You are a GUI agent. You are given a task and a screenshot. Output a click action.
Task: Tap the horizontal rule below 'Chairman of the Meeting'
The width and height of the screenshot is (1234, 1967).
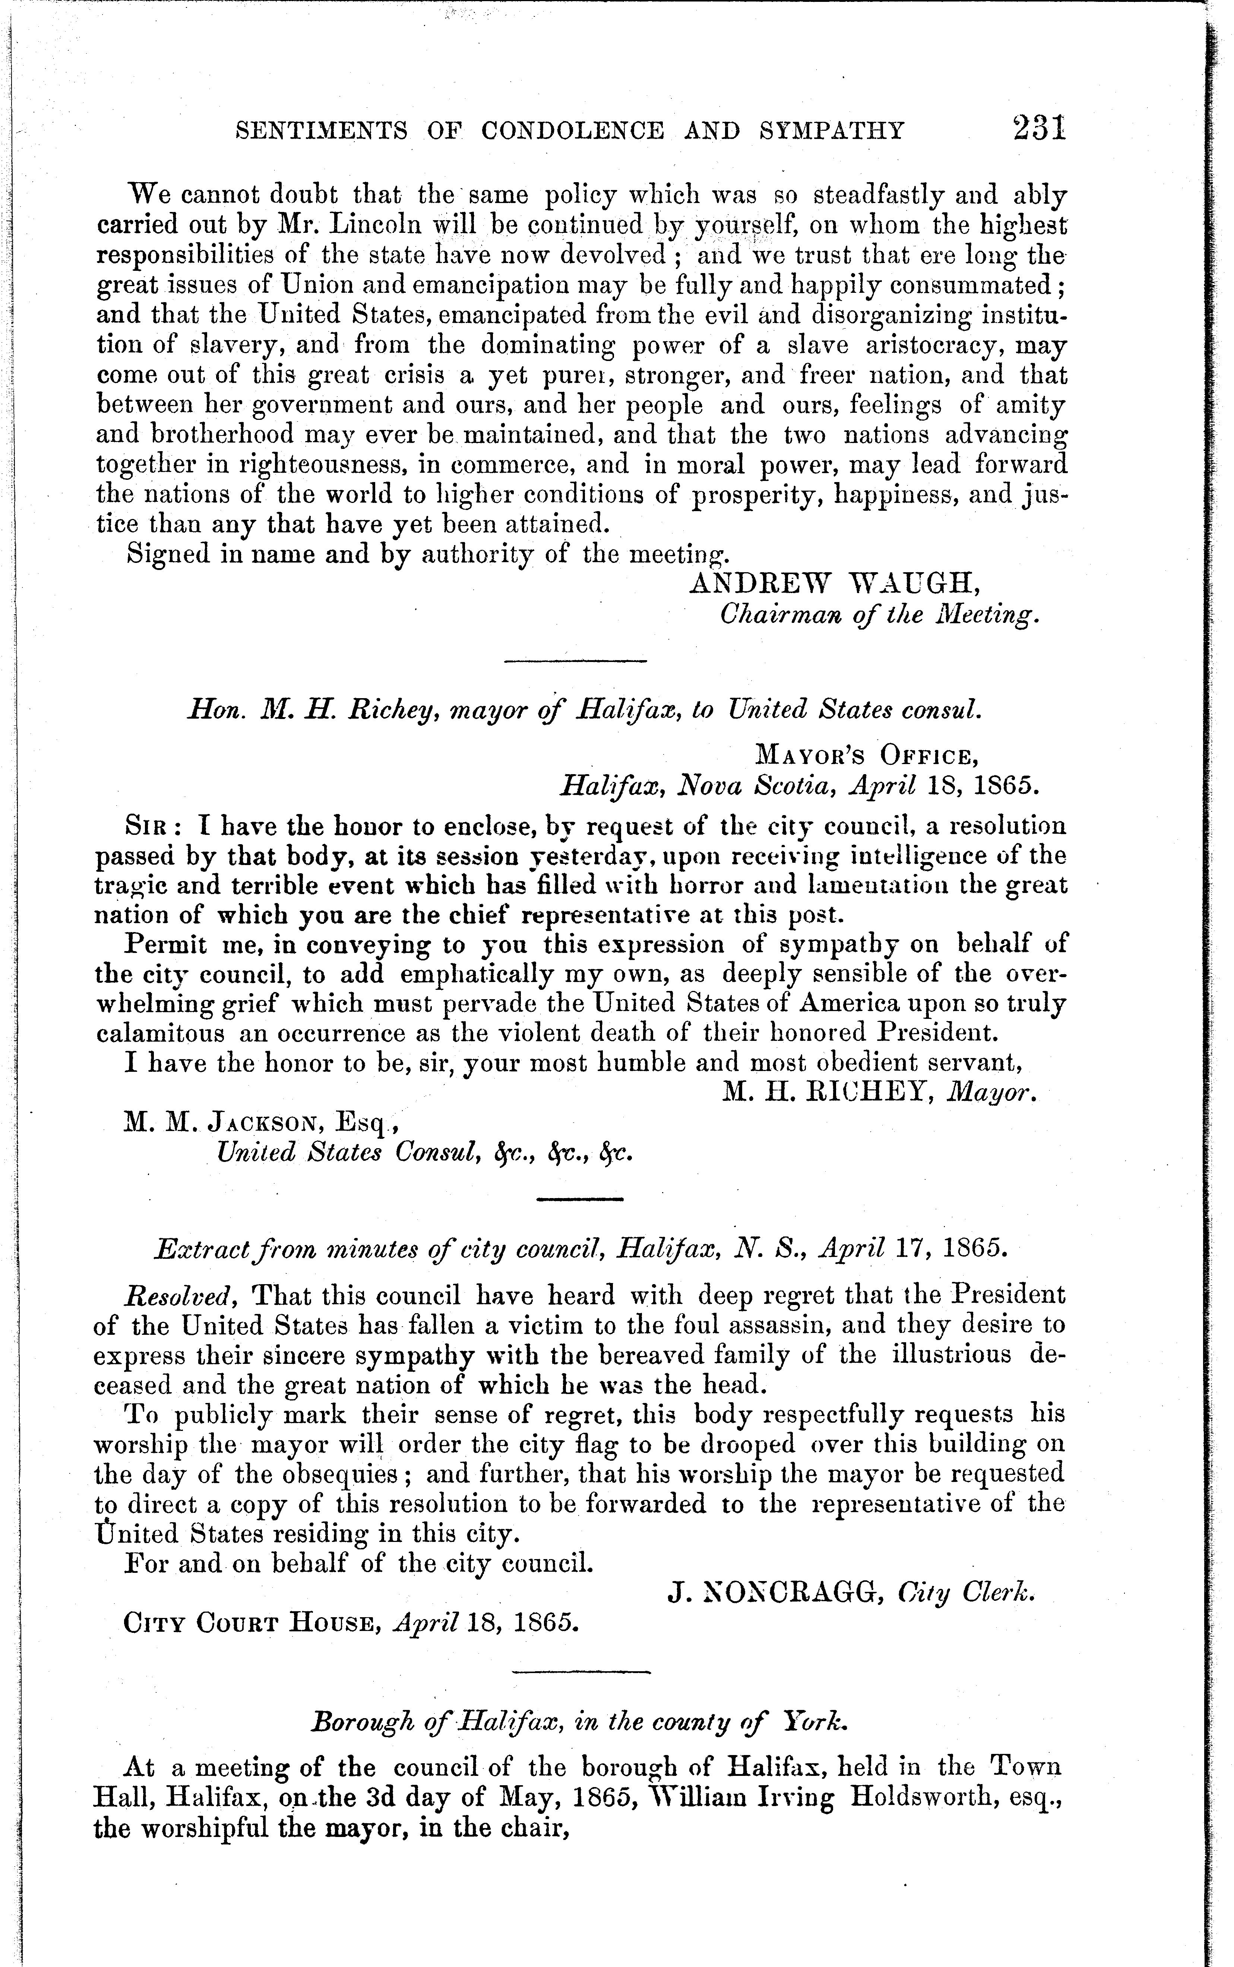[575, 660]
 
